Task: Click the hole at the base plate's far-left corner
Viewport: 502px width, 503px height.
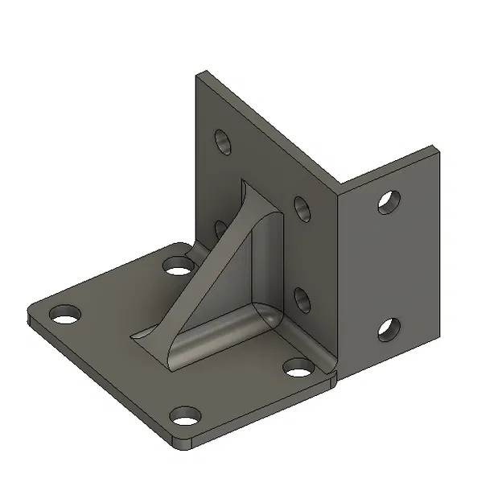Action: (63, 313)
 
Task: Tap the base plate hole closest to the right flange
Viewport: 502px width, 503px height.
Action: (298, 370)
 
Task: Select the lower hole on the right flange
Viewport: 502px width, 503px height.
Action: (388, 328)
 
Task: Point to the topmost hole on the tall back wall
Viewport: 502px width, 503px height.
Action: (223, 142)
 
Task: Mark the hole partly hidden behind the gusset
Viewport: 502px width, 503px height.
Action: (219, 229)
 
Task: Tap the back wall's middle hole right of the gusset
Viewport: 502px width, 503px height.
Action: (303, 210)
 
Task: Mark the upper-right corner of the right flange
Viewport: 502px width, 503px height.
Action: (437, 149)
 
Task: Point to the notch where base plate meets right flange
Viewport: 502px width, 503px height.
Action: (335, 377)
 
